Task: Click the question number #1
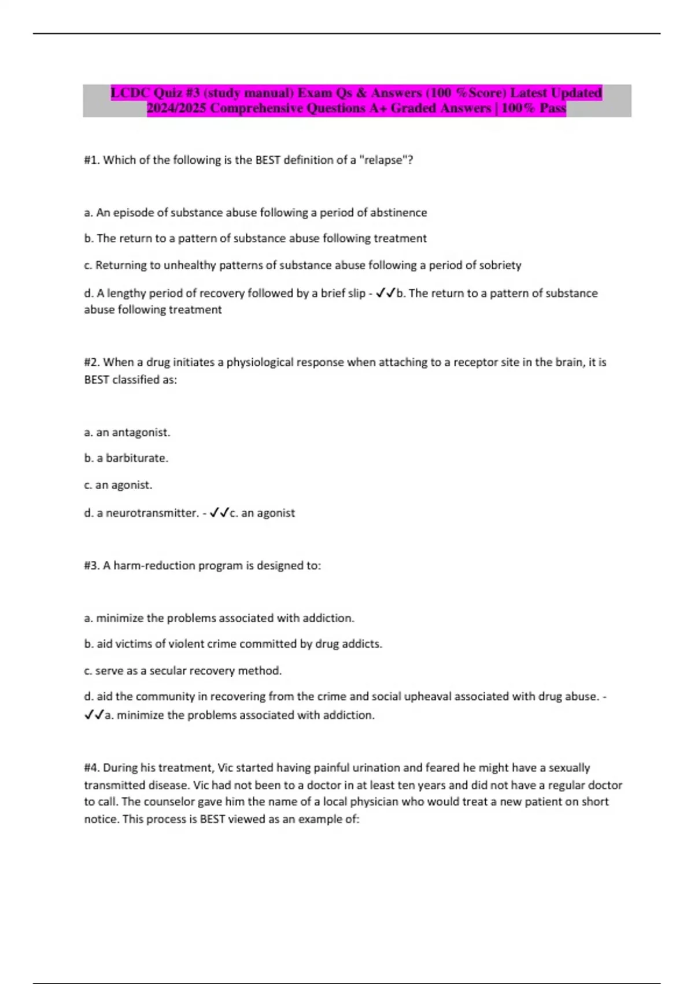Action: coord(92,160)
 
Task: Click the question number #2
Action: coord(92,362)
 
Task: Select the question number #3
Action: coord(92,566)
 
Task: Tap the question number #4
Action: coord(92,768)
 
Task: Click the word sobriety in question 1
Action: coord(499,265)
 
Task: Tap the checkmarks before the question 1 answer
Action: coord(385,293)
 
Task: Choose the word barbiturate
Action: coord(136,458)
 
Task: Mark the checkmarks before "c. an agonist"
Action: coord(220,513)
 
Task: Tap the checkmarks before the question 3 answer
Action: coord(94,715)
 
